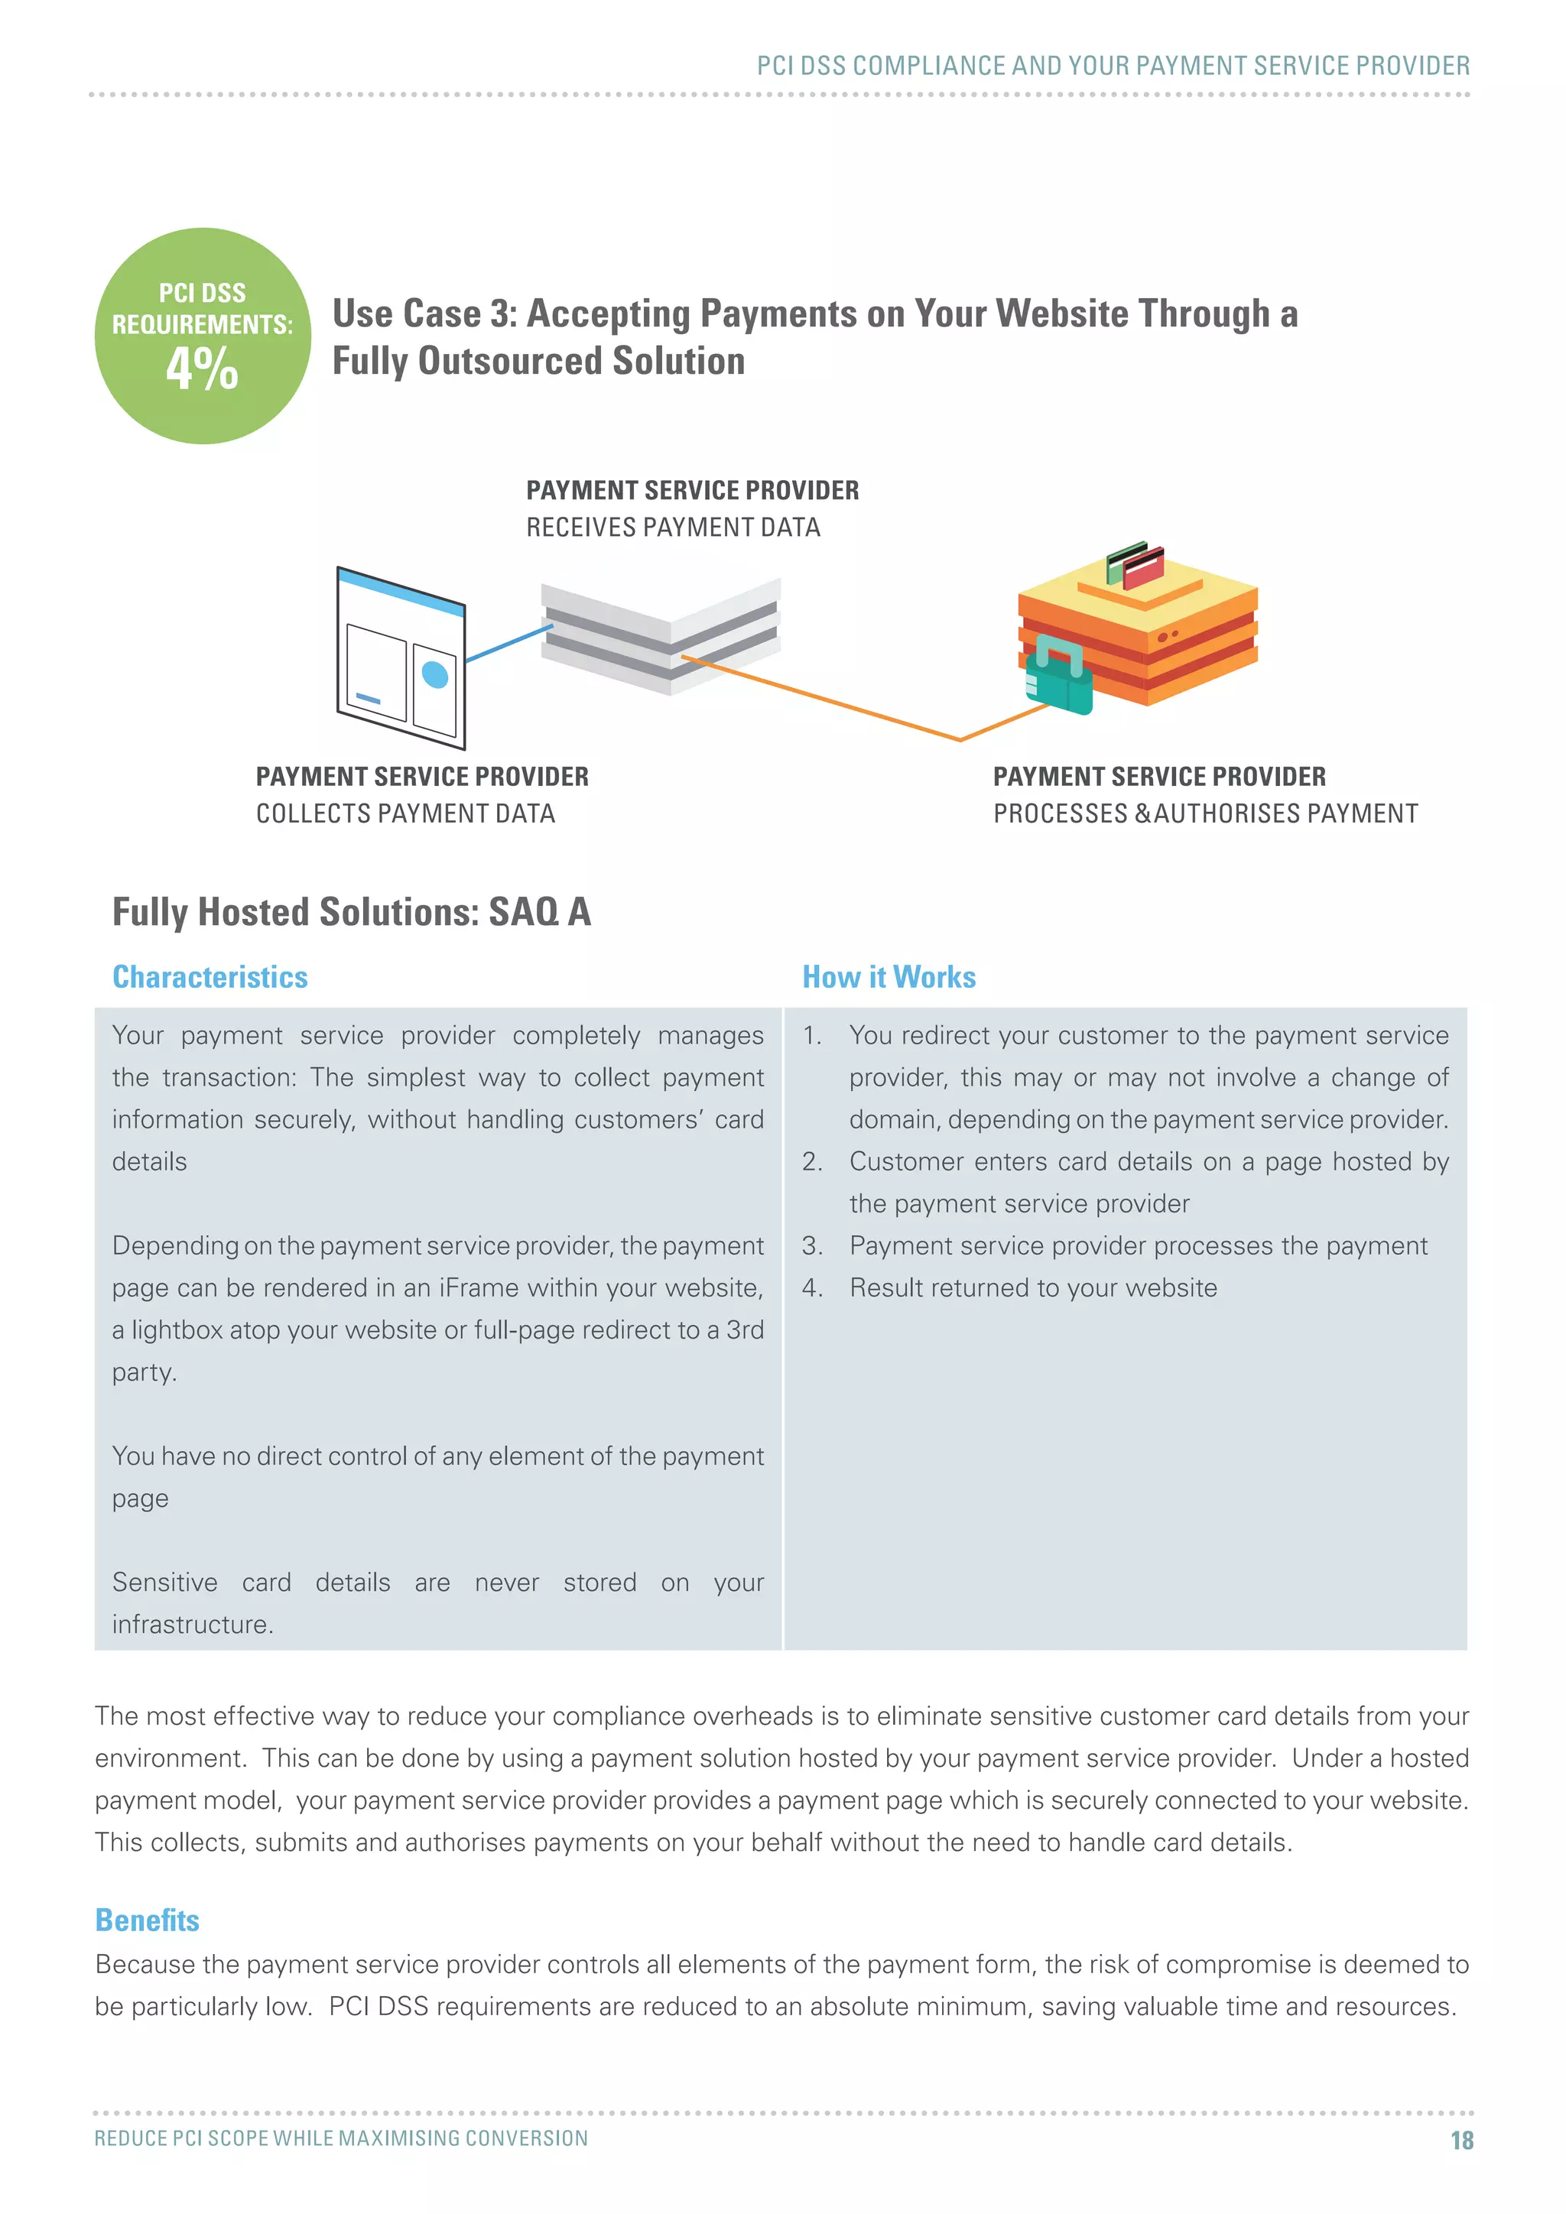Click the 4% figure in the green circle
click(202, 368)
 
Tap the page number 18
click(1461, 2141)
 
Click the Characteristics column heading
click(210, 977)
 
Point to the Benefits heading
click(148, 1920)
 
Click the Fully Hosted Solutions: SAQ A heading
click(351, 912)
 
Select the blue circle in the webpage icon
click(436, 674)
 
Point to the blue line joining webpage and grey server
click(508, 643)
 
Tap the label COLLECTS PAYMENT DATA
click(405, 814)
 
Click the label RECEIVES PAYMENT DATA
click(673, 528)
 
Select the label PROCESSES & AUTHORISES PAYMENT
click(1205, 814)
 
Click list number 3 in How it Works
click(812, 1246)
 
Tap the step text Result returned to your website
click(1033, 1288)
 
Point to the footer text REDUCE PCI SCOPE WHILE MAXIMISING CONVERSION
click(340, 2138)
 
